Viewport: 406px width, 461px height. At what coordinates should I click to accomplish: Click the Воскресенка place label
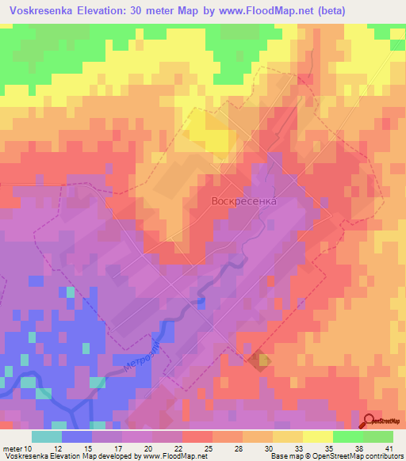coord(243,201)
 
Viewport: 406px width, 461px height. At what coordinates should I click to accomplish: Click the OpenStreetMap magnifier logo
coord(370,421)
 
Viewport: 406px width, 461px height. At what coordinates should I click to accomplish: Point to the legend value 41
coord(389,448)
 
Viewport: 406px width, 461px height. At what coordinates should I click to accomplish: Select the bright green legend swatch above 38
coord(347,436)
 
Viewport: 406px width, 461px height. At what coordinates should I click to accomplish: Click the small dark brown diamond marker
coord(259,361)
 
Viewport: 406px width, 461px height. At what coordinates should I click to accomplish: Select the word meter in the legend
coord(12,448)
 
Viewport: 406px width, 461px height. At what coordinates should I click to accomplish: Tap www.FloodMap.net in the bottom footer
coord(174,457)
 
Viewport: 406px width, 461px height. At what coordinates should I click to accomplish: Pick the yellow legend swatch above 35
coord(317,436)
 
